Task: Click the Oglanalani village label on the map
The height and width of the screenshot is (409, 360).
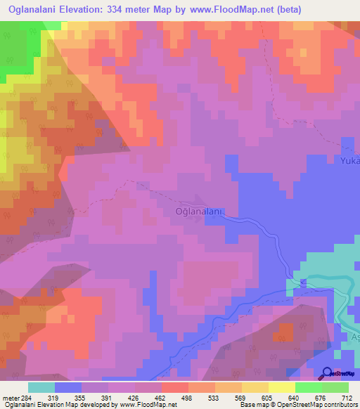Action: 199,210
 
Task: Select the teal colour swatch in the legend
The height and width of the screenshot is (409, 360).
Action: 41,387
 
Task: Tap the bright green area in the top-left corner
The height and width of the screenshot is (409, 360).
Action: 18,42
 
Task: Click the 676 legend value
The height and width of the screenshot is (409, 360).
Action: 320,397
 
